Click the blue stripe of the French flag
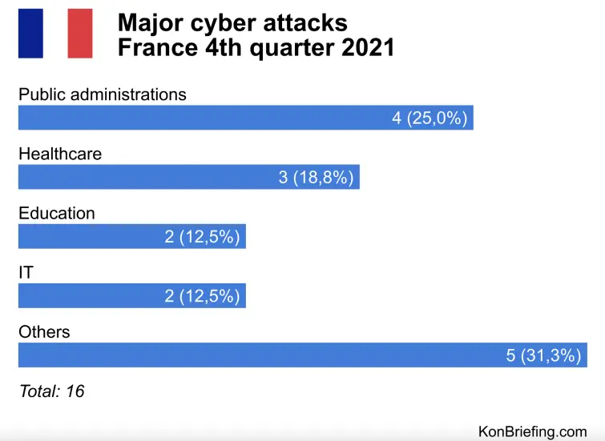pyautogui.click(x=30, y=34)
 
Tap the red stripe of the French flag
pyautogui.click(x=80, y=34)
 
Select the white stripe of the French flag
pyautogui.click(x=55, y=34)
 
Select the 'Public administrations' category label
pyautogui.click(x=102, y=94)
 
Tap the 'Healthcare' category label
pyautogui.click(x=60, y=154)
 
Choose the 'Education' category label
pyautogui.click(x=56, y=213)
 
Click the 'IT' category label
pyautogui.click(x=26, y=273)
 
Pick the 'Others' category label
pyautogui.click(x=44, y=331)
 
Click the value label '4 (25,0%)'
pyautogui.click(x=429, y=118)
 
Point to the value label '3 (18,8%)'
pyautogui.click(x=316, y=178)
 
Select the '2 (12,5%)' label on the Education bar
pyautogui.click(x=202, y=237)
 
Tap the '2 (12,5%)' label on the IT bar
pyautogui.click(x=202, y=296)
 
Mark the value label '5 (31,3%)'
pyautogui.click(x=543, y=355)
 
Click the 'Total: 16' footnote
pyautogui.click(x=51, y=391)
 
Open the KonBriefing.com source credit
pyautogui.click(x=532, y=431)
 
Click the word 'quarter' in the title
pyautogui.click(x=279, y=47)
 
